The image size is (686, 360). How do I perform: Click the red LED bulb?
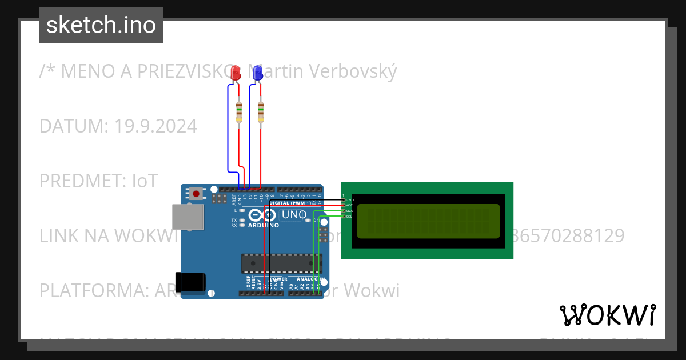pyautogui.click(x=235, y=73)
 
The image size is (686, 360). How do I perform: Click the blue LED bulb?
pyautogui.click(x=258, y=73)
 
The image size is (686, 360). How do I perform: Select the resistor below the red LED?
pyautogui.click(x=239, y=111)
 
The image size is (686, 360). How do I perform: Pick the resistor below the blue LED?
pyautogui.click(x=261, y=111)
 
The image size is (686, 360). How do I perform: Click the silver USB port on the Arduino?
pyautogui.click(x=188, y=218)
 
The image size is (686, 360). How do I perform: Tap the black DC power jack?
pyautogui.click(x=191, y=282)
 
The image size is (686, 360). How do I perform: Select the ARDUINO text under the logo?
pyautogui.click(x=264, y=226)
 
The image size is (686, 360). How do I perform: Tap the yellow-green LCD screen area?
pyautogui.click(x=428, y=221)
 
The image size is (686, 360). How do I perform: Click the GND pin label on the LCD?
pyautogui.click(x=350, y=200)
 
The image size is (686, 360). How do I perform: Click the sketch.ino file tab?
pyautogui.click(x=101, y=25)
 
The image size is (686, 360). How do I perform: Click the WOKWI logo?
pyautogui.click(x=608, y=315)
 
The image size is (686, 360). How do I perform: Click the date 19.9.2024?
pyautogui.click(x=155, y=126)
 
